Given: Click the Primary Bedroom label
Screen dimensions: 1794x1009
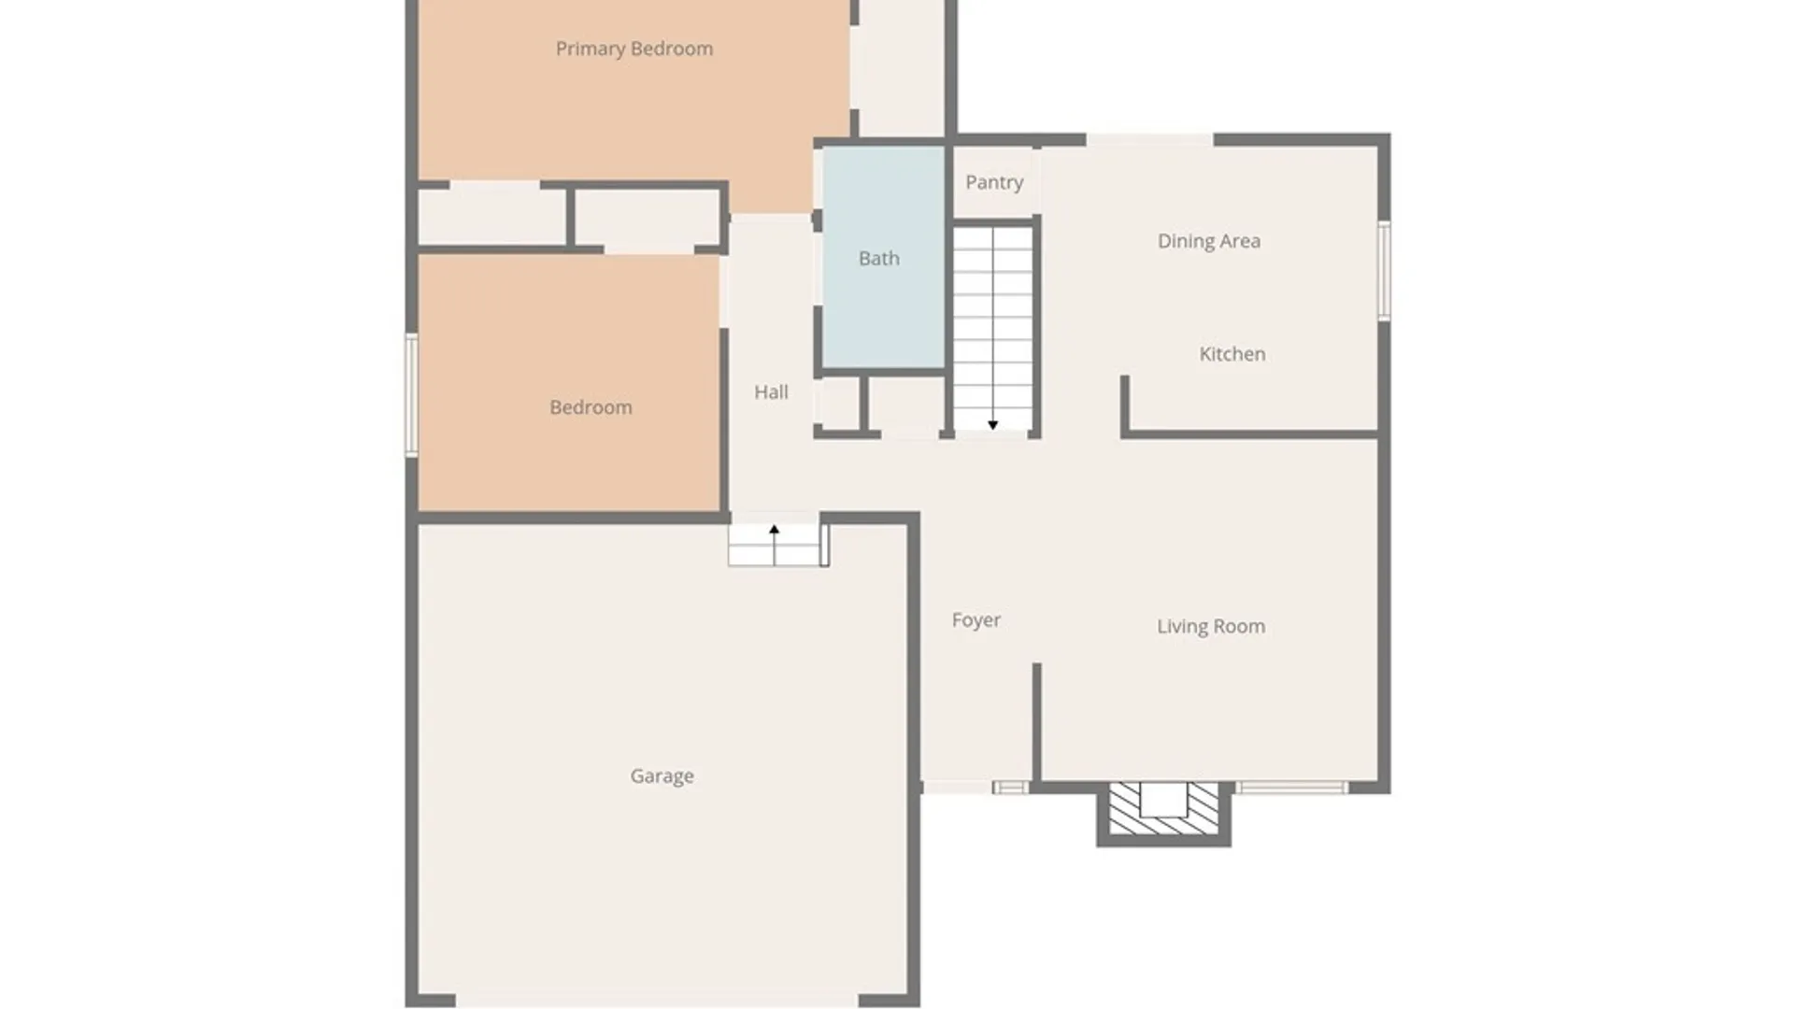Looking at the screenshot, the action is [x=634, y=49].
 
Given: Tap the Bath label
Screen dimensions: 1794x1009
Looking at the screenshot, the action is [x=879, y=258].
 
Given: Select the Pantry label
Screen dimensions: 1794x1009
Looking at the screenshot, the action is [x=994, y=182].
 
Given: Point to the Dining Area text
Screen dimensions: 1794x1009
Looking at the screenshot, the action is [x=1209, y=241].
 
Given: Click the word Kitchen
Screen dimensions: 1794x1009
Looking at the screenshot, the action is [x=1232, y=354].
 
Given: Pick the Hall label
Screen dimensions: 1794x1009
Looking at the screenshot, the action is [x=771, y=392].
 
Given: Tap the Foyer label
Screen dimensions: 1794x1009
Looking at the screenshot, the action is [x=976, y=620].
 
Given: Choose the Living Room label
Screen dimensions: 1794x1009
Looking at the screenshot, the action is [x=1211, y=627].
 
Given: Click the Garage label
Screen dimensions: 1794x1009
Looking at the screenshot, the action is [x=662, y=776].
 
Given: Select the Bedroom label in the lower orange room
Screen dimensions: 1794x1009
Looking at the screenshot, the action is [x=591, y=407].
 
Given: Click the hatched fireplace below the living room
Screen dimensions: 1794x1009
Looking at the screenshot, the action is [x=1163, y=809].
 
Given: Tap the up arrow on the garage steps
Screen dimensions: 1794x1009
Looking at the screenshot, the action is [x=774, y=545].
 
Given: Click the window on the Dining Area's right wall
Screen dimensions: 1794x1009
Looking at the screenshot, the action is [x=1385, y=271].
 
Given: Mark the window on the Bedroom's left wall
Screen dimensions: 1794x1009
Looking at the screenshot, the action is [x=411, y=395].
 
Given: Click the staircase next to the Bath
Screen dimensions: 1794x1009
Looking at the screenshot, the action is [x=992, y=329].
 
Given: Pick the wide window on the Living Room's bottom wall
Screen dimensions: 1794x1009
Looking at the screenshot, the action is [x=1292, y=788].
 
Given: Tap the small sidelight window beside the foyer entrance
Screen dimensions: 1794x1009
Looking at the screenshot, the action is [x=1010, y=788].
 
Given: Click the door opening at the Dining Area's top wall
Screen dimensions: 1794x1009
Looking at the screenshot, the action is [x=1149, y=140].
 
